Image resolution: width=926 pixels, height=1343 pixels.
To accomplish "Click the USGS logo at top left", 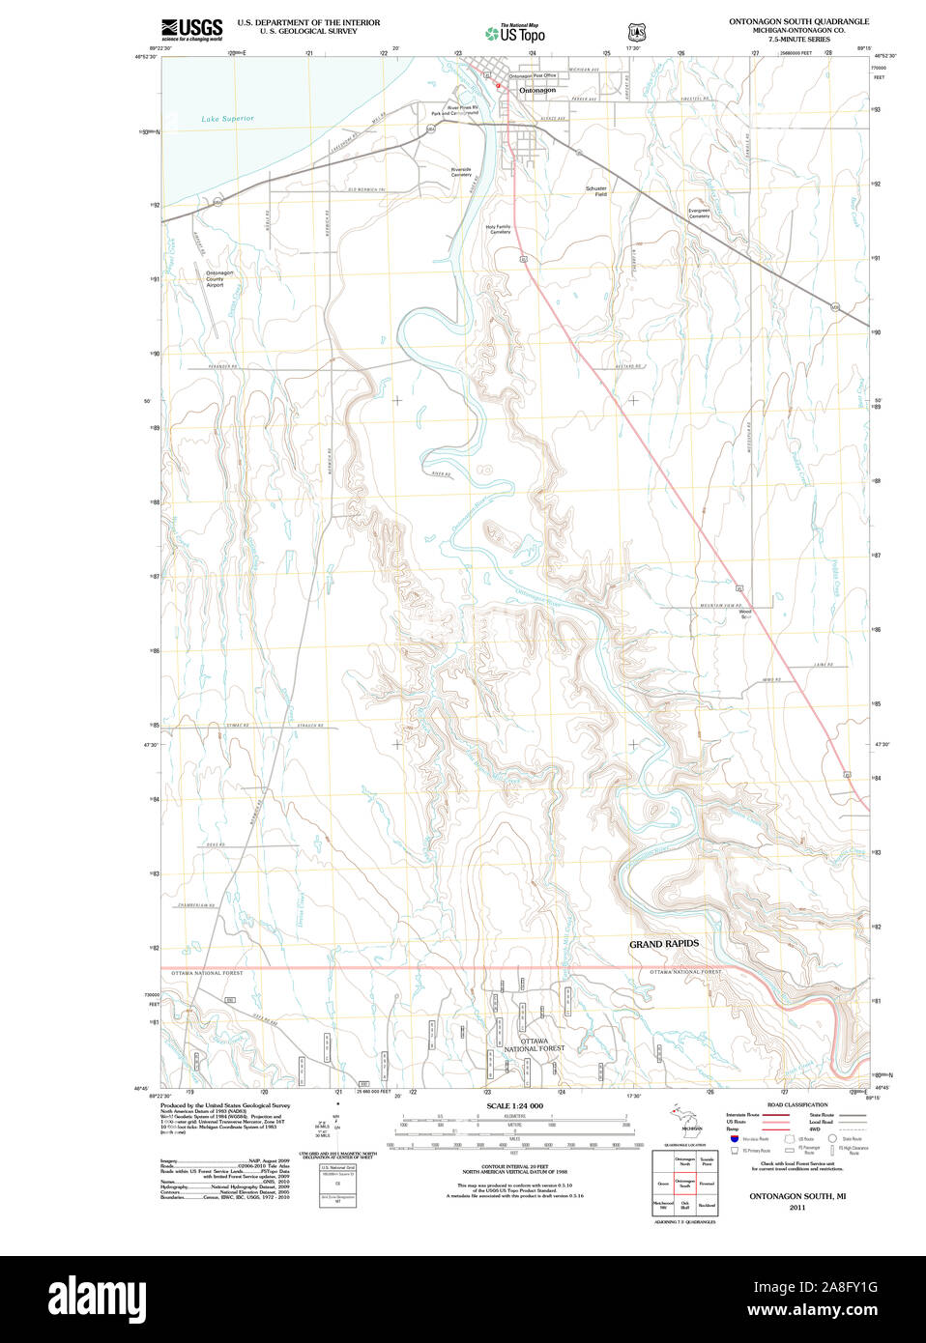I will coord(191,29).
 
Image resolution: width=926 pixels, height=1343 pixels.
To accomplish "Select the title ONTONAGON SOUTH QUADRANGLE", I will coord(798,21).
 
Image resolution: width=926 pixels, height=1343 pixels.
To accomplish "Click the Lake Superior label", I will coord(227,119).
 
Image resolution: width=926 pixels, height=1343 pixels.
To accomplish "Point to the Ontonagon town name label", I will coord(537,90).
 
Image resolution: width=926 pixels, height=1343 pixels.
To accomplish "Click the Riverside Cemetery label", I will coord(461,172).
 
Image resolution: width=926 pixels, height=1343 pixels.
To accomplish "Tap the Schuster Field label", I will coord(596,191).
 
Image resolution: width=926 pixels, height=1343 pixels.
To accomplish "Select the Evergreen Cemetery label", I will coord(699,214).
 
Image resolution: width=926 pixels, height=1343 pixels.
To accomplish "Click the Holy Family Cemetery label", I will coord(499,229).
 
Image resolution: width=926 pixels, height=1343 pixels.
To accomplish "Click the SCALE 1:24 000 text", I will coord(514,1105).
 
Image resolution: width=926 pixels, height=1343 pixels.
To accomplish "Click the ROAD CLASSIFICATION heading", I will coord(797,1104).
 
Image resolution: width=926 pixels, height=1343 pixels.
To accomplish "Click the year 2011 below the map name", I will coord(797,1208).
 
